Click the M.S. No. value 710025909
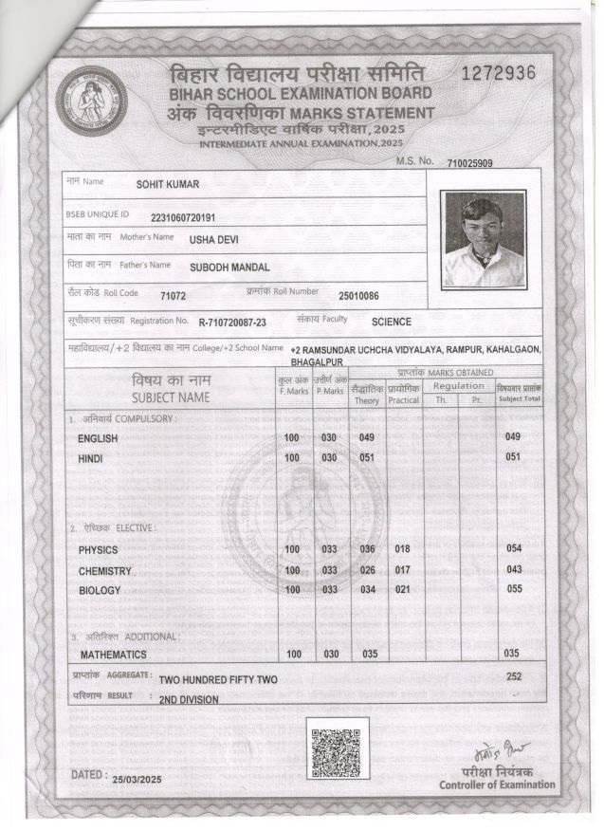point(469,164)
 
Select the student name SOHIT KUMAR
point(168,184)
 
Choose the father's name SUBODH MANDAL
point(229,268)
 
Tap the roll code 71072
point(173,296)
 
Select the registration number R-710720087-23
point(232,323)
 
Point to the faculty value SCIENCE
point(391,323)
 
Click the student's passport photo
point(484,239)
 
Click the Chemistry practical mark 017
point(402,570)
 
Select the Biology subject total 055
point(514,589)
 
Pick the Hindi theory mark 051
point(367,457)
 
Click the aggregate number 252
point(514,676)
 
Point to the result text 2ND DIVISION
point(188,699)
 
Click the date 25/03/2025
point(137,779)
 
